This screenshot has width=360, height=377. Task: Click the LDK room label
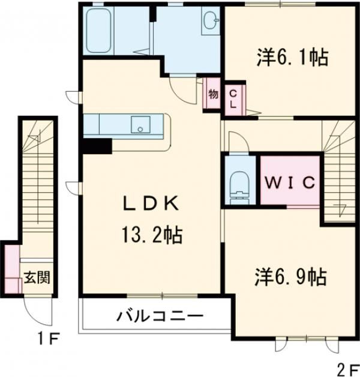click(x=150, y=204)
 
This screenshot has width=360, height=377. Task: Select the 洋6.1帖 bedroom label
click(x=293, y=58)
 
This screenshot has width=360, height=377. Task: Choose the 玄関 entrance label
click(x=37, y=277)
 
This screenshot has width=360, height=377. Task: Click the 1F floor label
click(x=48, y=339)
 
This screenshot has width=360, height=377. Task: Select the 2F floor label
click(x=343, y=366)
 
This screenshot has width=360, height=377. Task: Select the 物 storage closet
click(x=213, y=94)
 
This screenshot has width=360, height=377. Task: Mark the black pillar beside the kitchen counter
click(x=97, y=146)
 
